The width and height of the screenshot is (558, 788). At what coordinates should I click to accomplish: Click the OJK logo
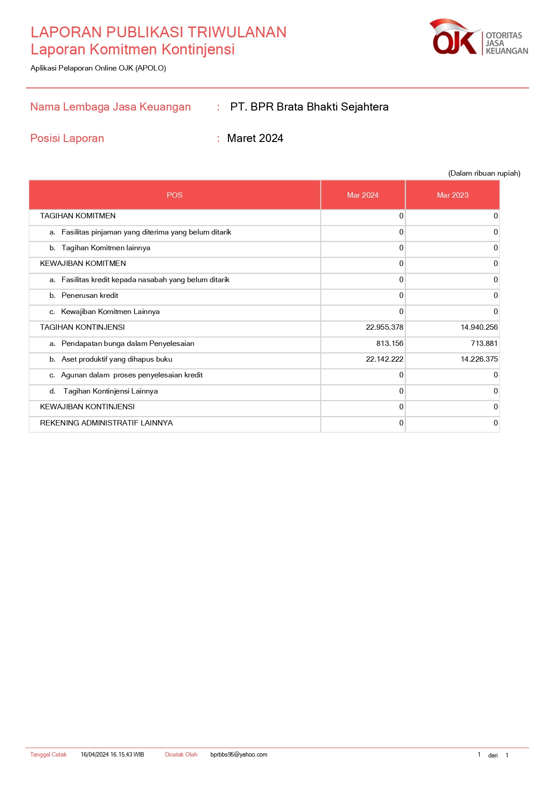click(478, 37)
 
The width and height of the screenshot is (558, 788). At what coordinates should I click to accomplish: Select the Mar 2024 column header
click(362, 195)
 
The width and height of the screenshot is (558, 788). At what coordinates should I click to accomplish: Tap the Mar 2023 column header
click(452, 195)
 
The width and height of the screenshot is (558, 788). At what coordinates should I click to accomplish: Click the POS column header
click(174, 195)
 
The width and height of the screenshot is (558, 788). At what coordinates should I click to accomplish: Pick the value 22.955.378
click(384, 328)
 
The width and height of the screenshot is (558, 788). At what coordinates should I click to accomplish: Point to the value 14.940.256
click(479, 328)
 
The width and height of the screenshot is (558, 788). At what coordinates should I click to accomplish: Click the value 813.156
click(390, 343)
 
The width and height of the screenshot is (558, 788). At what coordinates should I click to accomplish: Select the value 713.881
click(484, 343)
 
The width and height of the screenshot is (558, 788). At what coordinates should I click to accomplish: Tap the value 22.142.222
click(384, 359)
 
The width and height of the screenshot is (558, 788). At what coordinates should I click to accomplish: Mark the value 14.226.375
click(479, 359)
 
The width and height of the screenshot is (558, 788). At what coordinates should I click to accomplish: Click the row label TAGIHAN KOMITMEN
click(78, 216)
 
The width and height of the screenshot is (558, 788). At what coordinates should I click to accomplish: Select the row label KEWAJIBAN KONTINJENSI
click(87, 407)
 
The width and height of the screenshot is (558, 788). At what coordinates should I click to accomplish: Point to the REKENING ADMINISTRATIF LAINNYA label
click(106, 423)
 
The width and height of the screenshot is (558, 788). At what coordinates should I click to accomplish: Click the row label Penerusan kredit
click(90, 296)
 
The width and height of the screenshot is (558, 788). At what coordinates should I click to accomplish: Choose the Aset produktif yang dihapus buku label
click(117, 359)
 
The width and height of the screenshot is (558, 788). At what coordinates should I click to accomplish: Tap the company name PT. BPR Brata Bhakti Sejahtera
click(309, 107)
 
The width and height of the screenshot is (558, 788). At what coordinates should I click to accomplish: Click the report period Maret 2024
click(255, 138)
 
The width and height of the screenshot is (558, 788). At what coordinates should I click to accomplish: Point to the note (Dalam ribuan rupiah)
click(484, 173)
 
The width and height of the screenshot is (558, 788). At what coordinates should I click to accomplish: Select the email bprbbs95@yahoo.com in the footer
click(239, 755)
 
